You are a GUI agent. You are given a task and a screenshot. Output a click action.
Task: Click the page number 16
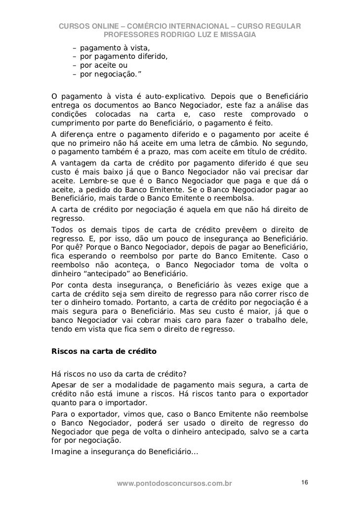point(305,482)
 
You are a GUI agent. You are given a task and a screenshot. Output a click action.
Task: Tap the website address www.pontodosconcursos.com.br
point(174,483)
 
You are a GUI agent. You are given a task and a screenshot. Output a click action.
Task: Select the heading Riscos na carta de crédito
point(104,351)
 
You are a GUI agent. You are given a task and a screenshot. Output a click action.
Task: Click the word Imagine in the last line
point(67,451)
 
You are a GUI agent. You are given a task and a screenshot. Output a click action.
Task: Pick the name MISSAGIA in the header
point(238,35)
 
